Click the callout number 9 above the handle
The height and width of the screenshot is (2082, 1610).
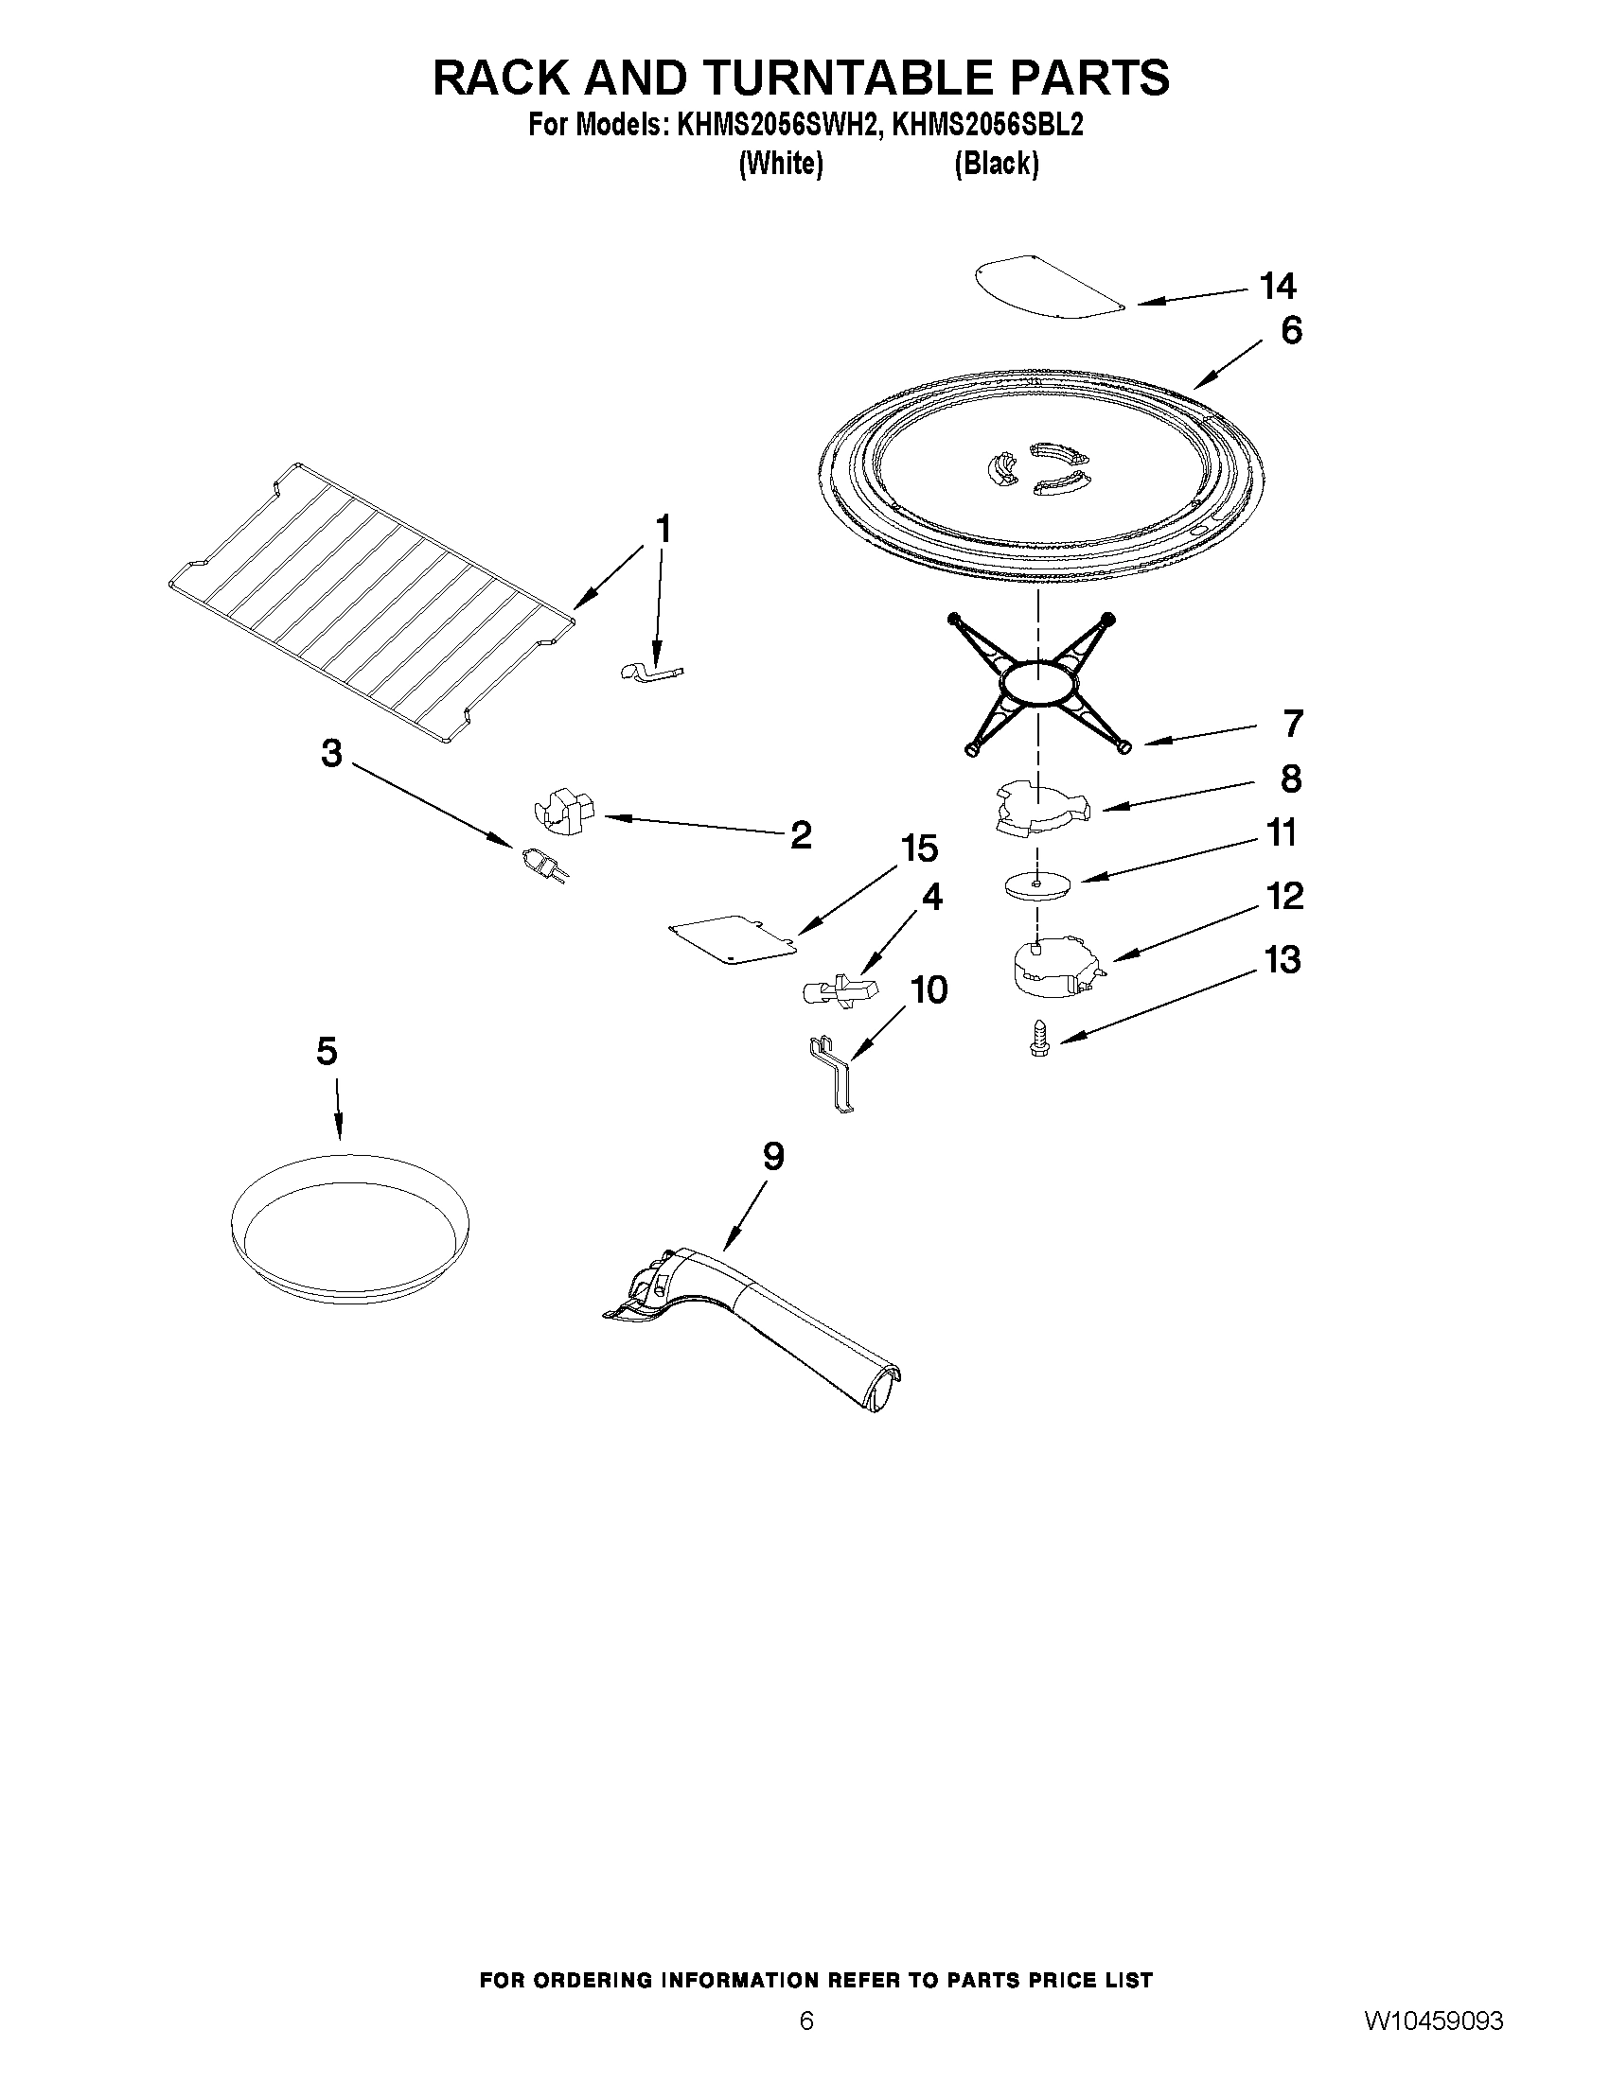[773, 1156]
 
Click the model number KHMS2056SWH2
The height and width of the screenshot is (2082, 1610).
[776, 126]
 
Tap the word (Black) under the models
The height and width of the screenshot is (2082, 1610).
[996, 164]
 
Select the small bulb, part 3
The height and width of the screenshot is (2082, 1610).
[543, 863]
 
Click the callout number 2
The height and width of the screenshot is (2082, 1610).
[800, 835]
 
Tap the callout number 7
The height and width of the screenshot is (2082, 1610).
[1292, 724]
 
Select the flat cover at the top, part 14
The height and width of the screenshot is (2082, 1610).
[1047, 285]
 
